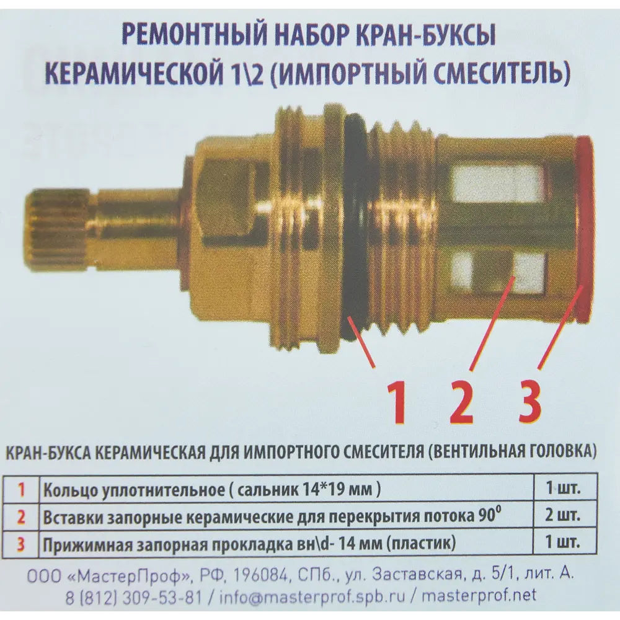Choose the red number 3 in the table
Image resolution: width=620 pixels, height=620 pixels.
(x=21, y=545)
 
